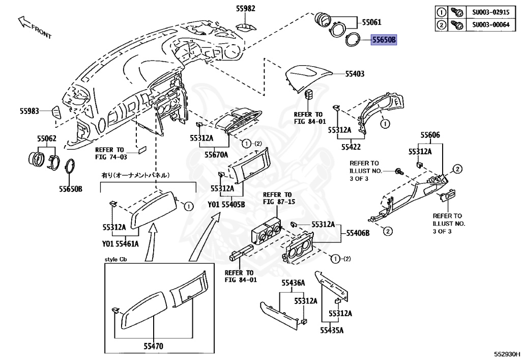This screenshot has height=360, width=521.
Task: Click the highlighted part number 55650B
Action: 384,39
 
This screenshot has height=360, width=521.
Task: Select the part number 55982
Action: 245,8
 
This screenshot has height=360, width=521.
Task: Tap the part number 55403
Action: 355,74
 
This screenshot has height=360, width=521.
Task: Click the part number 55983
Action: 30,110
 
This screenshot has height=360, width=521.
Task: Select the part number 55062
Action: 46,139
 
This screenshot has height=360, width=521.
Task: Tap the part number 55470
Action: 153,346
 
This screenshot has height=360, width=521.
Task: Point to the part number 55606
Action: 430,135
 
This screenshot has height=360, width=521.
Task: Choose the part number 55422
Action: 351,147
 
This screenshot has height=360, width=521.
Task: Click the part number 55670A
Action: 216,154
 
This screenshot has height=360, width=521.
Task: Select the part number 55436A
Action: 293,283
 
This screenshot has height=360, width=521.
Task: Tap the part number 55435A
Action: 332,330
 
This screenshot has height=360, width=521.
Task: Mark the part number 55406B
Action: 358,233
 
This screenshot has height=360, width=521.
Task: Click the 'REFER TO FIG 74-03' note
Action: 109,153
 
